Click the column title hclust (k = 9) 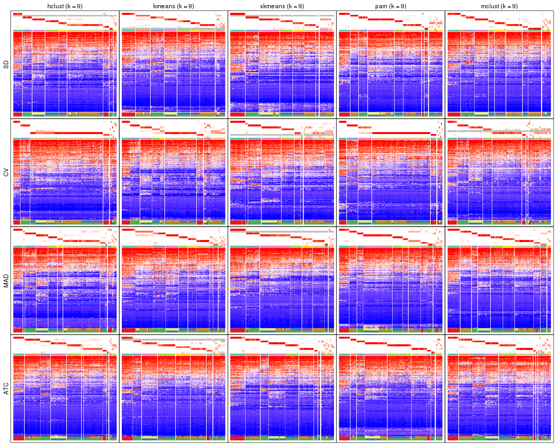click(x=65, y=6)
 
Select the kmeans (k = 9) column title click(x=173, y=6)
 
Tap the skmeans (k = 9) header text click(x=282, y=6)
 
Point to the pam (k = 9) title click(x=390, y=6)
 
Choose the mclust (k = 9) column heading click(x=498, y=6)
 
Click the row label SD click(x=6, y=65)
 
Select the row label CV click(x=6, y=173)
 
